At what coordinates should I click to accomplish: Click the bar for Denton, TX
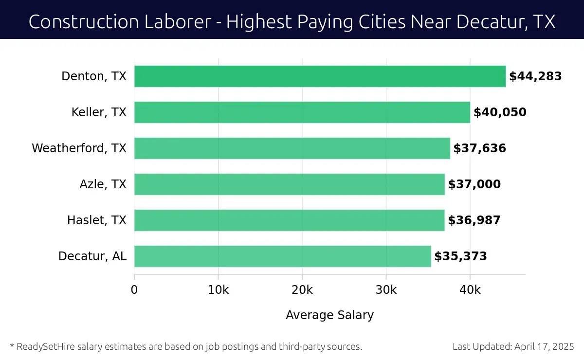pos(320,76)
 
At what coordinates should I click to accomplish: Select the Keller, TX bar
pos(302,112)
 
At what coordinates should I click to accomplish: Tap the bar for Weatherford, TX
pos(292,148)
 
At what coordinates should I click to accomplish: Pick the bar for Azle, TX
pos(289,184)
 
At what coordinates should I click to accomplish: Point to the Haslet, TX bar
pos(289,220)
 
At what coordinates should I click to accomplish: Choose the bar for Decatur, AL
pos(282,256)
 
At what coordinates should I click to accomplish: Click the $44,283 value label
pos(535,76)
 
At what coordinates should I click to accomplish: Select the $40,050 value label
pos(500,112)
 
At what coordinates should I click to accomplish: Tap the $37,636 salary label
pos(479,148)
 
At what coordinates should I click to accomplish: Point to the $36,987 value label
pos(474,220)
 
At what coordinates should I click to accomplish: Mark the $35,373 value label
pos(460,256)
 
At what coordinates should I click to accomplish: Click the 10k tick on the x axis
pos(218,290)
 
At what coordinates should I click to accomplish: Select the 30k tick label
pos(386,290)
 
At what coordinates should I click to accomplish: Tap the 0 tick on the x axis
pos(134,290)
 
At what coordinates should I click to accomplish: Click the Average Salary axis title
pos(329,315)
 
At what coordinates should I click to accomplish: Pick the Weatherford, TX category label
pos(79,148)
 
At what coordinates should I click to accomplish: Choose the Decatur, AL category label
pos(92,256)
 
